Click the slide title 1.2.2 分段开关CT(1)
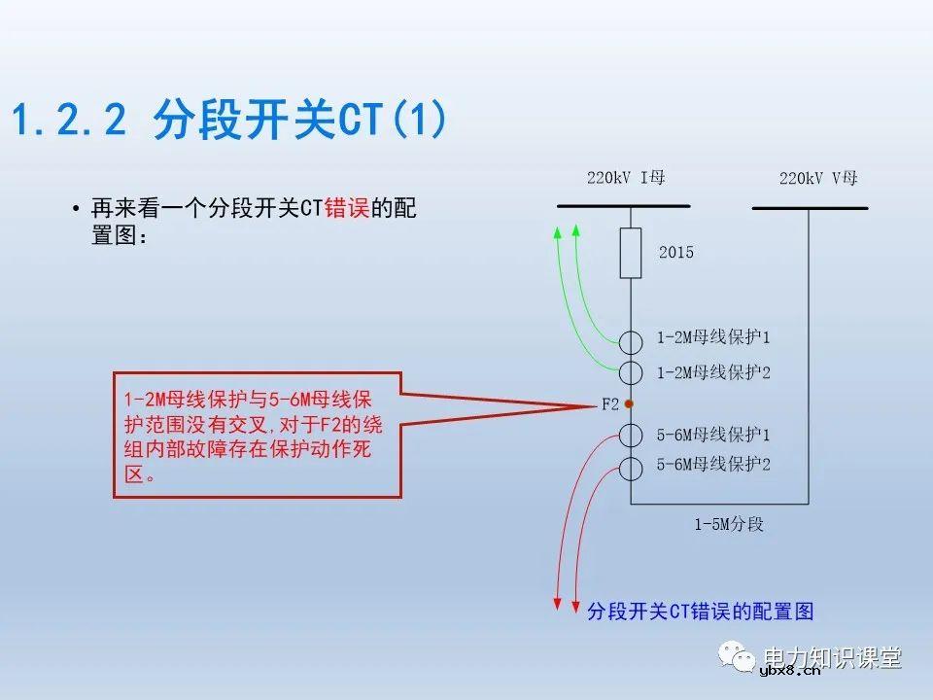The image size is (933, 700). coord(229,121)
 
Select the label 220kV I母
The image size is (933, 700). coord(626,178)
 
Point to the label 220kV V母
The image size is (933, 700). coord(818,178)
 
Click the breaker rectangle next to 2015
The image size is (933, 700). coord(631,253)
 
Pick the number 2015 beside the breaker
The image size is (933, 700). coord(676,253)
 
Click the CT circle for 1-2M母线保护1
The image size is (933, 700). coord(631,341)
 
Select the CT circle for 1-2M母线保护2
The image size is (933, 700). coord(631,371)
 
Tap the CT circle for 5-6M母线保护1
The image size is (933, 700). coord(631,435)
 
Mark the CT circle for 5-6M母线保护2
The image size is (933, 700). coord(631,468)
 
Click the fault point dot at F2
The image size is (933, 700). coord(630,403)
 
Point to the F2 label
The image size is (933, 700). coord(608,404)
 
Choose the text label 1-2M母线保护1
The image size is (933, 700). coord(713,338)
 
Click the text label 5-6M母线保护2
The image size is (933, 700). coord(713,466)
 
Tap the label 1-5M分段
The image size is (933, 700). coord(728,525)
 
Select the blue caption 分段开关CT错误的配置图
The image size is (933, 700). coord(700,612)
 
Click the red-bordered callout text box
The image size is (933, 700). coord(258,435)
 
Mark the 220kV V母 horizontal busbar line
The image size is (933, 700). coord(810,207)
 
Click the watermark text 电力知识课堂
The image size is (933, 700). coord(833,657)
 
